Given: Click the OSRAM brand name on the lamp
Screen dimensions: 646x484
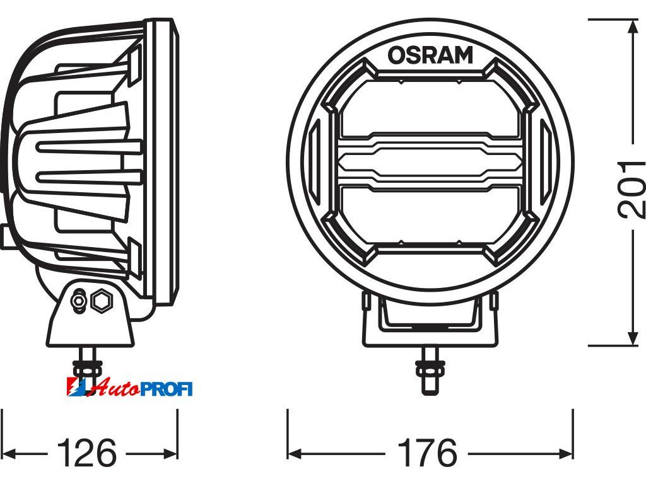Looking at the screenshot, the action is point(430,55).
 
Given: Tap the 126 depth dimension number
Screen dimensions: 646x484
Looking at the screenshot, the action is point(87,454).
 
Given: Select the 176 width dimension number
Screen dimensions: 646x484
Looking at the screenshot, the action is point(428,454).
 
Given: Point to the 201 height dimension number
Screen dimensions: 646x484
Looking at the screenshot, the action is point(631,189).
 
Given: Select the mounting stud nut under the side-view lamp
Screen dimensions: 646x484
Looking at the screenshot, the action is point(87,369).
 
